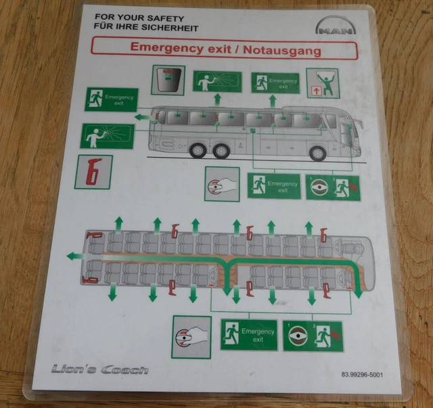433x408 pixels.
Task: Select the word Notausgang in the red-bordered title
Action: (282, 49)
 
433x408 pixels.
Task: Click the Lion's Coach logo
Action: (99, 369)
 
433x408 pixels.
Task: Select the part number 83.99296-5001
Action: (363, 375)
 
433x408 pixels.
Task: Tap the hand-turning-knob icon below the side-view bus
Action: (222, 184)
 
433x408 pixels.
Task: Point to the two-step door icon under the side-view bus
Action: (332, 187)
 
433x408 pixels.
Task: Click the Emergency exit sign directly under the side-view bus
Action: (273, 185)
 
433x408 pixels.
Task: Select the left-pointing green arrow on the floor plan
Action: (72, 256)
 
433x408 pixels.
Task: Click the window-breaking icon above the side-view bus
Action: (216, 82)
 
